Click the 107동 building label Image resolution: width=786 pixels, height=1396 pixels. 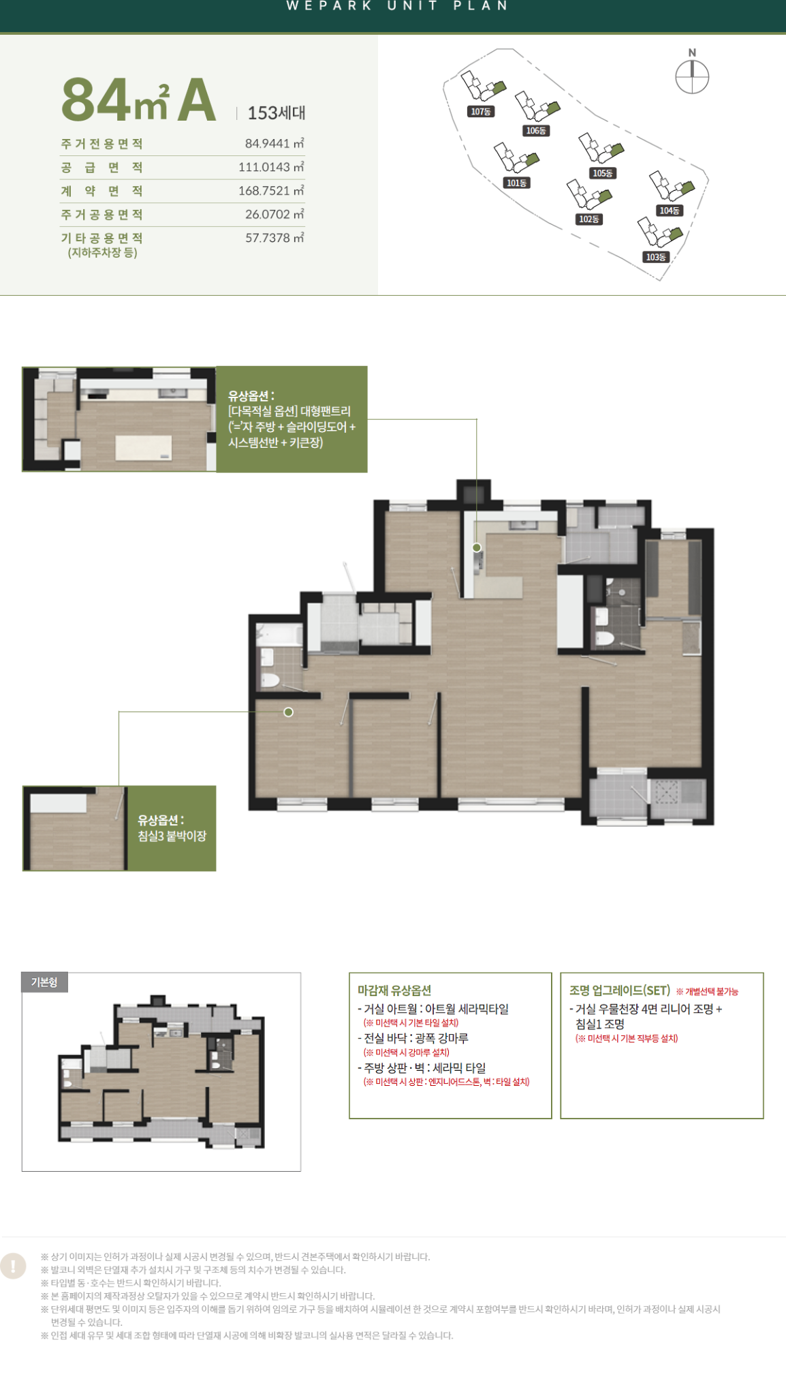click(x=481, y=111)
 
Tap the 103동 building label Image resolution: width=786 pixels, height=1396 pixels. click(x=656, y=257)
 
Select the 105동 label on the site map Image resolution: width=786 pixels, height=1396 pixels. click(x=603, y=173)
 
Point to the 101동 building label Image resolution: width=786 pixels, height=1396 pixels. click(x=517, y=183)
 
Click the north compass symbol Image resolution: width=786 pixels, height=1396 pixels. click(x=692, y=76)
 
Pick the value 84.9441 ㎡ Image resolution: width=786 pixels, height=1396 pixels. click(x=274, y=144)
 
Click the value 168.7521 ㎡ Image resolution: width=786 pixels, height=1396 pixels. click(x=271, y=191)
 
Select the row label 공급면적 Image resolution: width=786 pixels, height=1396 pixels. click(x=102, y=168)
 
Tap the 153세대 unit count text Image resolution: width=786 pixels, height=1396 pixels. click(x=277, y=113)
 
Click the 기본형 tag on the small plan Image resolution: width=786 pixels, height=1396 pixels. click(x=45, y=982)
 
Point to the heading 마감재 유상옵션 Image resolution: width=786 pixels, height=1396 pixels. click(x=394, y=990)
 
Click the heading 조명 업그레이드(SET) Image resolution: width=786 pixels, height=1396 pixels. click(x=620, y=990)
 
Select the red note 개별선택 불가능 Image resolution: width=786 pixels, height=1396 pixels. click(x=707, y=992)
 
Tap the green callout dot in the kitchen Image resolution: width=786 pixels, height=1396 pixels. click(x=477, y=547)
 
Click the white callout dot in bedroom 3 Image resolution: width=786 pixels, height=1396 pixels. click(x=289, y=712)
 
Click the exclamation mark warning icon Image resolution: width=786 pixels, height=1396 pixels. click(x=13, y=1266)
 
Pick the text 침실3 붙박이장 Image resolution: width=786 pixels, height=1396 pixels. click(x=172, y=836)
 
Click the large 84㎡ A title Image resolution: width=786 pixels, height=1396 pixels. click(x=139, y=100)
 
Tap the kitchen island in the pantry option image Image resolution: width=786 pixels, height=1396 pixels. click(x=144, y=449)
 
